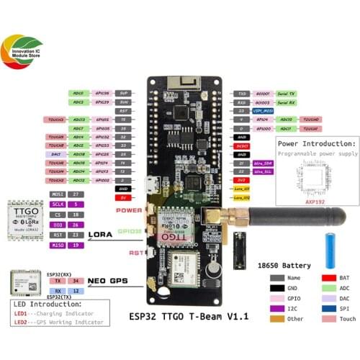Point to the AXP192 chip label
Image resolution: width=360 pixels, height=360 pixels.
point(314,203)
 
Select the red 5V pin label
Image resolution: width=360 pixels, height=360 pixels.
point(123,197)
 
